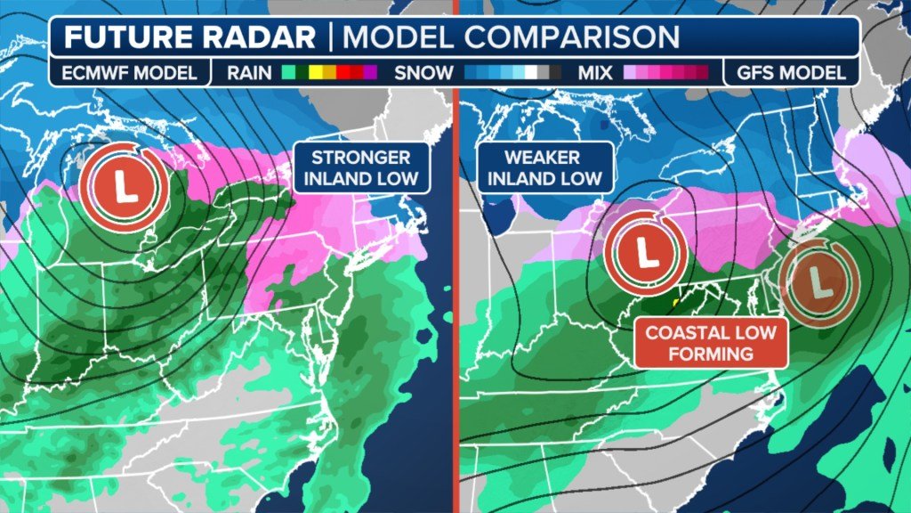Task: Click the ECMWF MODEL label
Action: pyautogui.click(x=130, y=73)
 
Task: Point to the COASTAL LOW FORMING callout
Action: pyautogui.click(x=711, y=343)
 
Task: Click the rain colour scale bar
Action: pyautogui.click(x=330, y=73)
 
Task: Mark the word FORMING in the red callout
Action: pyautogui.click(x=711, y=354)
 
